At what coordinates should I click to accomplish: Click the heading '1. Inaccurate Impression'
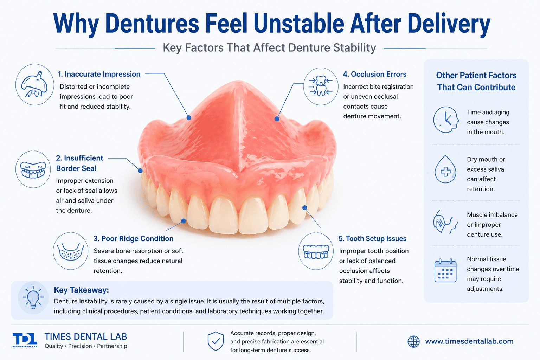(x=99, y=74)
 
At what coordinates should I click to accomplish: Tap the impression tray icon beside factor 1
(x=35, y=84)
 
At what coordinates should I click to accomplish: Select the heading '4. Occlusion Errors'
(x=375, y=74)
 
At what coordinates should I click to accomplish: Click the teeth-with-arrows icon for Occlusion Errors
(x=321, y=86)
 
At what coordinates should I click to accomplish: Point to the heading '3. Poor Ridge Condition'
(x=133, y=239)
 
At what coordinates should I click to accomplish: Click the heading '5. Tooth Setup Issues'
(x=372, y=239)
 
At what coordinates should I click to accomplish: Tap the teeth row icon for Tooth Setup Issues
(x=316, y=251)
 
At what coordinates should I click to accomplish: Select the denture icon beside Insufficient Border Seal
(x=33, y=169)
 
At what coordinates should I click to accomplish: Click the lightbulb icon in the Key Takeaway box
(x=33, y=297)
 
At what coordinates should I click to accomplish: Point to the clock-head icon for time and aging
(x=446, y=120)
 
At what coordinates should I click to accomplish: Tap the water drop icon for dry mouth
(x=445, y=169)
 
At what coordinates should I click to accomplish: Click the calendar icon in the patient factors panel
(x=445, y=271)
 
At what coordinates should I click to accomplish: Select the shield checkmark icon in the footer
(x=216, y=341)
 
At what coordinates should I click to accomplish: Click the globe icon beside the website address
(x=413, y=341)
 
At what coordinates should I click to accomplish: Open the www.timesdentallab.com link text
(x=469, y=341)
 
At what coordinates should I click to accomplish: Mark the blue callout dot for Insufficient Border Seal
(x=140, y=171)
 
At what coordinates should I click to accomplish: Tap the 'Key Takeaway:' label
(x=81, y=290)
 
